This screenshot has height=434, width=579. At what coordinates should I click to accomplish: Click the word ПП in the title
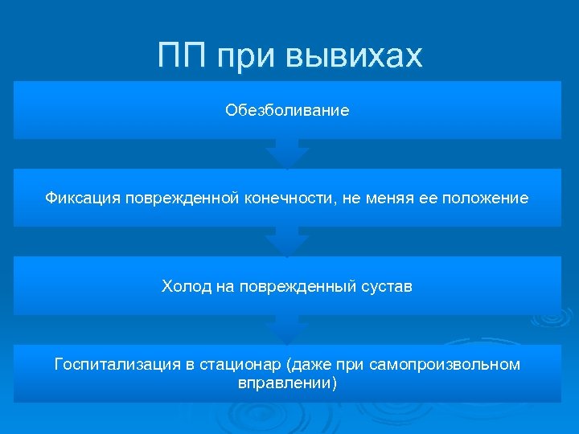[x=184, y=56]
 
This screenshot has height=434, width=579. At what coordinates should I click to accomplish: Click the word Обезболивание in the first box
[x=287, y=110]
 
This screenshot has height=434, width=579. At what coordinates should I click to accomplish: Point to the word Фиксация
[x=82, y=198]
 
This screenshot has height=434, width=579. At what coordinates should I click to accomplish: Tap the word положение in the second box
[x=490, y=198]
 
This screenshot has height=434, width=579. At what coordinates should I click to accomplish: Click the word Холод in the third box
[x=187, y=286]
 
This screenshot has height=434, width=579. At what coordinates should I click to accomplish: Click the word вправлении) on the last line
[x=287, y=383]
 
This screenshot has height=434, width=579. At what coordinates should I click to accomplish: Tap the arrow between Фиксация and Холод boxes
[x=287, y=242]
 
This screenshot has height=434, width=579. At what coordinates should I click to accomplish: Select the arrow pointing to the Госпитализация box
[x=287, y=330]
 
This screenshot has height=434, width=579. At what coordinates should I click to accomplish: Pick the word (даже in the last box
[x=307, y=365]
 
